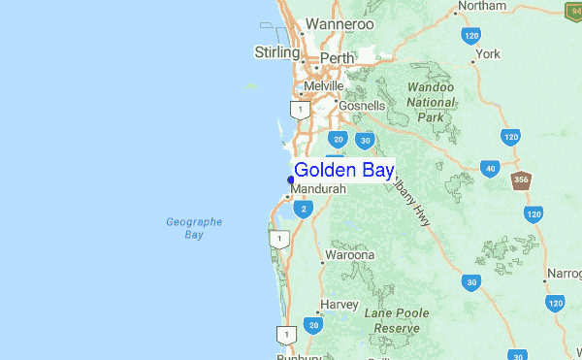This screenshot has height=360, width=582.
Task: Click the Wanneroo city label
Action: coord(339,24)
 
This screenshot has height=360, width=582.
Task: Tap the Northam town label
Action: coord(482,6)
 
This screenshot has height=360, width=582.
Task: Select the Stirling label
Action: coord(277,51)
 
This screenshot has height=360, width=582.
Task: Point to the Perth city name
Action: coord(337,58)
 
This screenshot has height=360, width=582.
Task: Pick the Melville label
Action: coord(324,86)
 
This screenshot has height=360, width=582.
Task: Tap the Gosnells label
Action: coord(361,104)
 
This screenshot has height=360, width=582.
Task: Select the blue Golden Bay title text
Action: coord(343,171)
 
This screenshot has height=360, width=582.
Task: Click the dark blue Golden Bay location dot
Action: coord(291,180)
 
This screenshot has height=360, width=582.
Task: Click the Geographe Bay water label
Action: coord(194,228)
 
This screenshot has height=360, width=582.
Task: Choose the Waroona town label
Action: coord(349,255)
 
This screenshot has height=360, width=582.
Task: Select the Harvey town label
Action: coord(339,304)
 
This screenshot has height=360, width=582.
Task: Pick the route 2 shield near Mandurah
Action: coord(305,209)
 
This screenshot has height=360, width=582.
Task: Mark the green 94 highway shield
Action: coord(572,10)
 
